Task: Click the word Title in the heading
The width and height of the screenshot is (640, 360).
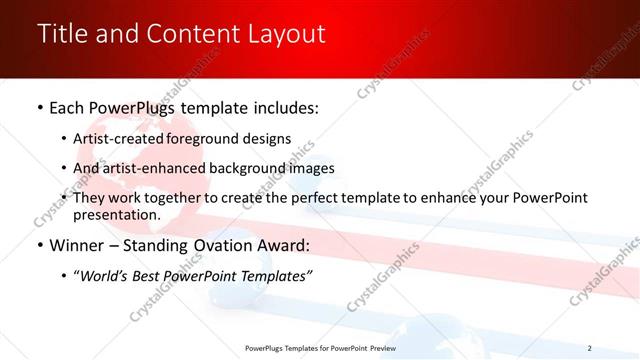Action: tap(62, 34)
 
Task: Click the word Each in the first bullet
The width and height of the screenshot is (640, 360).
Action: tap(68, 106)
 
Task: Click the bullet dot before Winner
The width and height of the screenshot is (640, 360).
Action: tap(39, 246)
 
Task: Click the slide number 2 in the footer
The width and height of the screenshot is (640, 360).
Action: tap(589, 348)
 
